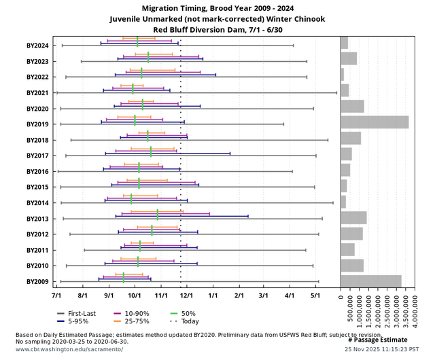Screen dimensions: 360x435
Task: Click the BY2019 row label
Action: [x=37, y=124]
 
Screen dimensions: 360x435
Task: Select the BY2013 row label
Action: [x=37, y=219]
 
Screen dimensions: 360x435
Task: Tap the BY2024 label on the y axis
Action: [x=37, y=46]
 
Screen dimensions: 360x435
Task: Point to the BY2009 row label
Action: [x=37, y=281]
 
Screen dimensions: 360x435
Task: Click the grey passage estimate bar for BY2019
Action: [x=375, y=122]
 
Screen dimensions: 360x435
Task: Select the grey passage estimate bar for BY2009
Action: [x=371, y=281]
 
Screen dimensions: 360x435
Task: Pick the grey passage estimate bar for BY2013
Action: [x=353, y=218]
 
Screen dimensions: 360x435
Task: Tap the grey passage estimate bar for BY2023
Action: [x=349, y=58]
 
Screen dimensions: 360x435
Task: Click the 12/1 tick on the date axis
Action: [x=187, y=296]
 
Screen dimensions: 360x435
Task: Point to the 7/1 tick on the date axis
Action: [x=56, y=296]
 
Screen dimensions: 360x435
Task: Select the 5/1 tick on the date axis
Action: [x=315, y=296]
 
